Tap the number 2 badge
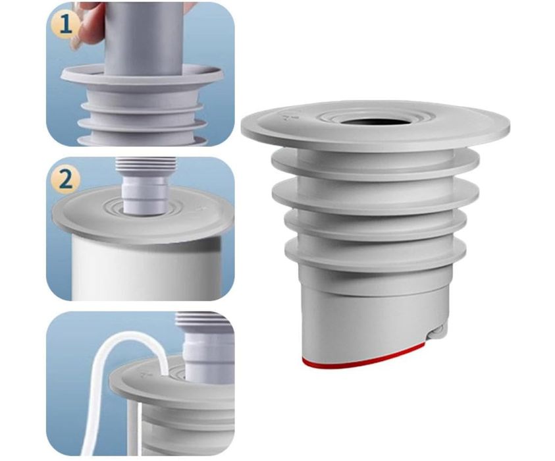click(x=65, y=180)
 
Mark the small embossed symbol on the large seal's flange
click(x=284, y=118)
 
